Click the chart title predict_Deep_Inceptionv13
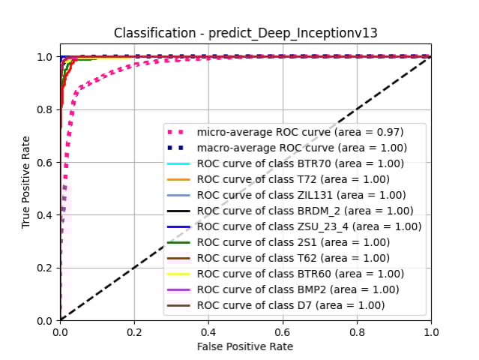245,33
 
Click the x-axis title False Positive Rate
245,346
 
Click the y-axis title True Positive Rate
26,182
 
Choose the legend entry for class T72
293,179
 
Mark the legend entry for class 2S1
293,242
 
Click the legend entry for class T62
293,258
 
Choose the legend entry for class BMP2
297,289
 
